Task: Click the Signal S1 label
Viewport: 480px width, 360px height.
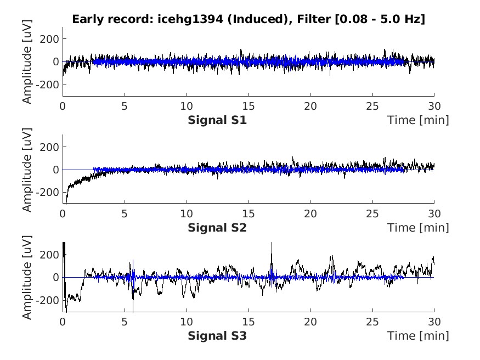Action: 217,120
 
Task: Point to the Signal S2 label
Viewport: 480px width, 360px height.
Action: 217,227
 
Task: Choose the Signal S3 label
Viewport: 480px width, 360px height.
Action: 217,335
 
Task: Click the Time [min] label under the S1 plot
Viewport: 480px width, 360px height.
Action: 418,120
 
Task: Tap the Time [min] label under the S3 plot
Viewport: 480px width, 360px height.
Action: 418,335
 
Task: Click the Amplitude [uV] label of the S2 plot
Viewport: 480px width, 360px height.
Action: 26,170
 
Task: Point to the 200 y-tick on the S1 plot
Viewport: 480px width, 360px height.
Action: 52,39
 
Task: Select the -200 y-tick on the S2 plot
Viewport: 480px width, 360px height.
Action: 49,193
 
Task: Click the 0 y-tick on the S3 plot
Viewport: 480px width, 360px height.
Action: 56,278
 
